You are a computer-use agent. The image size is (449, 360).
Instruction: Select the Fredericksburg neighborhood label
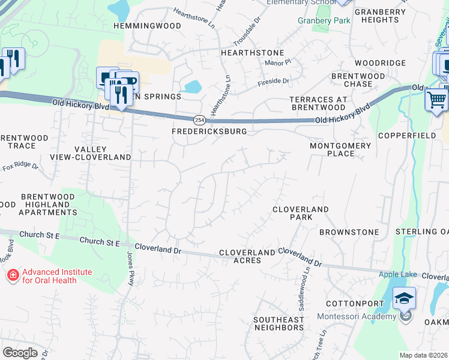pos(209,131)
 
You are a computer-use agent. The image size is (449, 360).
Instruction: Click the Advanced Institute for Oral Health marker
pos(12,276)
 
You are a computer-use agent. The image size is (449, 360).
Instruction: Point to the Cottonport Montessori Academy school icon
pos(405,298)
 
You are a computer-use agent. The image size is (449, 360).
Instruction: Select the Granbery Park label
pos(324,20)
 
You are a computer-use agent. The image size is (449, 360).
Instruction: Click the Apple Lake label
pos(397,275)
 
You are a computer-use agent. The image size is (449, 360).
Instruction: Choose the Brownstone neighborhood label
pos(349,232)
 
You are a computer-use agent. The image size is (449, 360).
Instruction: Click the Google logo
pos(20,353)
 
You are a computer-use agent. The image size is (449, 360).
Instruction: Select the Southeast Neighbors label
pos(279,323)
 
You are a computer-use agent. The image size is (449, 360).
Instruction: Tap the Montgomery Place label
pos(340,149)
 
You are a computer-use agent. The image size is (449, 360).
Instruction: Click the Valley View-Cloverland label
pos(102,153)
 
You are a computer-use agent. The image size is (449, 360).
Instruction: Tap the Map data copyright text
pos(424,355)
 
